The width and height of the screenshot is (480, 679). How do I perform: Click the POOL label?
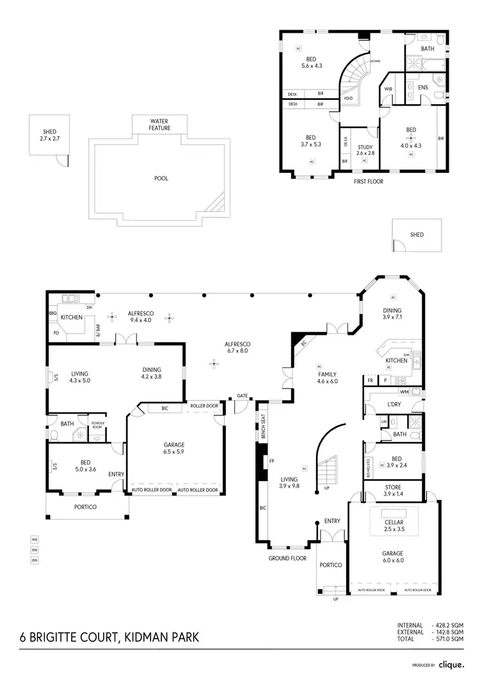coord(161,179)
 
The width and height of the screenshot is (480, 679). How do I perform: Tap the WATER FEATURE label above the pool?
coord(159,124)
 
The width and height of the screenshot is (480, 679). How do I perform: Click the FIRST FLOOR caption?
coord(369,182)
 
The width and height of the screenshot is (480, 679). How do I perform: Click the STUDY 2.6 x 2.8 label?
coord(365,150)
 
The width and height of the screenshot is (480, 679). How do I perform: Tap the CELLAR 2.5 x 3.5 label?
coord(393,526)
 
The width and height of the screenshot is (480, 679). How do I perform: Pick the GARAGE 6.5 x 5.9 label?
coord(174,448)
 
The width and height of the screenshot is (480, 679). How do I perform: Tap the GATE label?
coord(242,395)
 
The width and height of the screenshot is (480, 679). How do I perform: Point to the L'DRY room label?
coord(394,405)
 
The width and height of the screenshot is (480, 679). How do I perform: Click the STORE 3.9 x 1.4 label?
coord(393,492)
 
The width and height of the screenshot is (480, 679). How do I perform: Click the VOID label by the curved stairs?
coord(348,99)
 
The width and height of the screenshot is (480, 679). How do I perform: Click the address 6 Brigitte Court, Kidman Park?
coord(109,637)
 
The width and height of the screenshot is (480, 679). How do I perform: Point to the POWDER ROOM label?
coord(97,426)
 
